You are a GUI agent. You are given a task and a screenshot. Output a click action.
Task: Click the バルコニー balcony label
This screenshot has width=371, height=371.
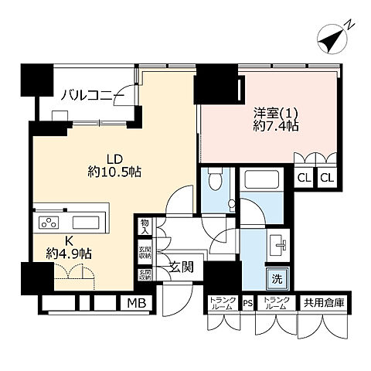click(x=92, y=95)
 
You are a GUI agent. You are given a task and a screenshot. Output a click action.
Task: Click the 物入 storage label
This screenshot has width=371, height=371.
click(x=145, y=226)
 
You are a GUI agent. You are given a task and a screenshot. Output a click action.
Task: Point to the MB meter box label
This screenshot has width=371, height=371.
click(x=134, y=303)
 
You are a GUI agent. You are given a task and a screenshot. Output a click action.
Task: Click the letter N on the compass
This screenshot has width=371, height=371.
click(x=350, y=26)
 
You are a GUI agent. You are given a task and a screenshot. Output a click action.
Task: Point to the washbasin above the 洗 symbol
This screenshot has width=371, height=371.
click(x=279, y=246)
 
